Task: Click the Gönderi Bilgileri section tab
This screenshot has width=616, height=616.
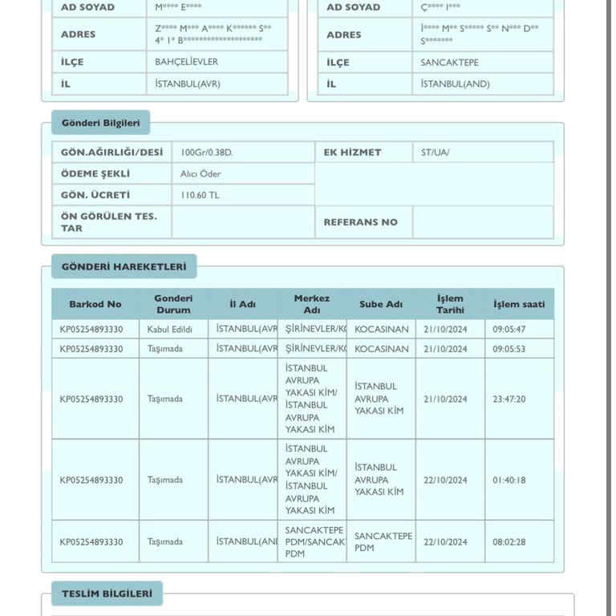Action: [100, 123]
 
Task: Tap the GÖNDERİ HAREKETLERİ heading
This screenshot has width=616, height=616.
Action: [124, 266]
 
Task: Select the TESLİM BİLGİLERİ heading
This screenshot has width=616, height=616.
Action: [107, 594]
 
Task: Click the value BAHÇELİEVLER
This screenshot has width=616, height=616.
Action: [187, 62]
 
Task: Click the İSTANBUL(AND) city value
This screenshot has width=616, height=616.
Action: [455, 83]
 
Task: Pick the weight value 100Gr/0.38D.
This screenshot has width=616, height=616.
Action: [207, 152]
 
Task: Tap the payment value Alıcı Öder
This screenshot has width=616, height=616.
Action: [201, 173]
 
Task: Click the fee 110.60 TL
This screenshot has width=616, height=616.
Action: [200, 195]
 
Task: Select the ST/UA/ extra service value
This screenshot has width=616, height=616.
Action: [436, 152]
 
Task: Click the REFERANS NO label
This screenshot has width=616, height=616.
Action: [360, 222]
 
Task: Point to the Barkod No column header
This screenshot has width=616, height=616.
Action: [95, 304]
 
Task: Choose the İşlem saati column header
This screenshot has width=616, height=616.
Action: [519, 304]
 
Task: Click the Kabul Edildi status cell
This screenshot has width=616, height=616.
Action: [170, 329]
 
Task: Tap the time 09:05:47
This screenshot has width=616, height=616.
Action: [509, 329]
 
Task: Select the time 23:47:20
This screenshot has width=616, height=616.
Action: [509, 399]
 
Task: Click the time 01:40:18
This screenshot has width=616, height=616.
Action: [509, 480]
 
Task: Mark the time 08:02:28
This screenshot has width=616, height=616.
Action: [509, 541]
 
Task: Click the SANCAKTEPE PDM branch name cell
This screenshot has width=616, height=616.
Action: [383, 541]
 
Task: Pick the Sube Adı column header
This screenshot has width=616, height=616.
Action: [381, 304]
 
